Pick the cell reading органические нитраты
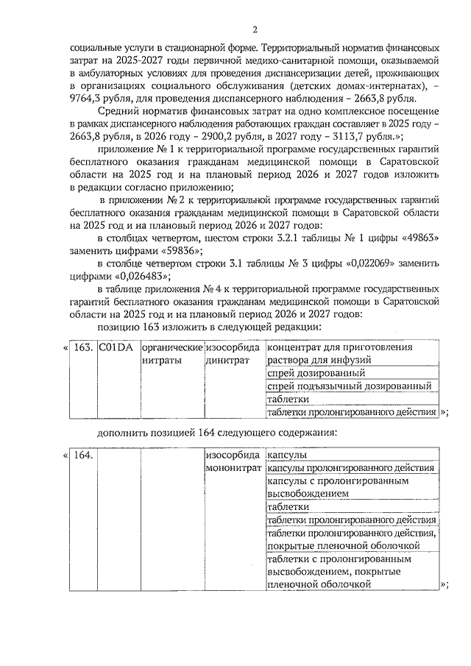171,353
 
